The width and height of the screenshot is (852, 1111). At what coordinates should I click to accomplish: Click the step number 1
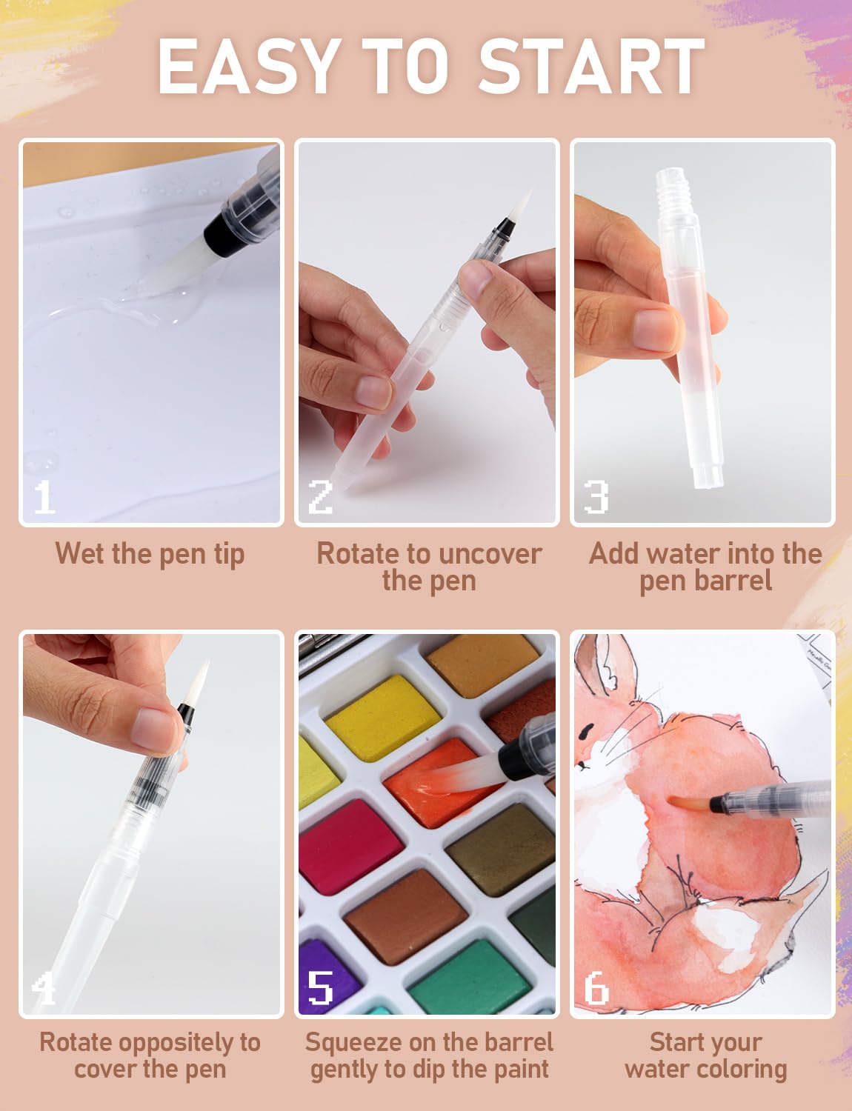pos(44,496)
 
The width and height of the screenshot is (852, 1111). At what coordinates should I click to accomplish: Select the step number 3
pos(596,496)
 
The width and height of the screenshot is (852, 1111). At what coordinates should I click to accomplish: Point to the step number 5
pos(320,988)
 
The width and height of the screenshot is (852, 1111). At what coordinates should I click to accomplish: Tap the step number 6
pos(596,988)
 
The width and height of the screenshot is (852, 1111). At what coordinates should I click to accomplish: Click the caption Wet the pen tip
pos(150,554)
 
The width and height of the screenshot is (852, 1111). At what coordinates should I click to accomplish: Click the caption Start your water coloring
pos(706,1055)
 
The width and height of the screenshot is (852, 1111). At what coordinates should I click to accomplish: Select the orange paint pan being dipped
pos(440,782)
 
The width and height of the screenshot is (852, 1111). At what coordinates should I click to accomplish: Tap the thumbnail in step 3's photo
pos(656,330)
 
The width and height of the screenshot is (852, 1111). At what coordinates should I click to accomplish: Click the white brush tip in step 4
pos(199,683)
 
